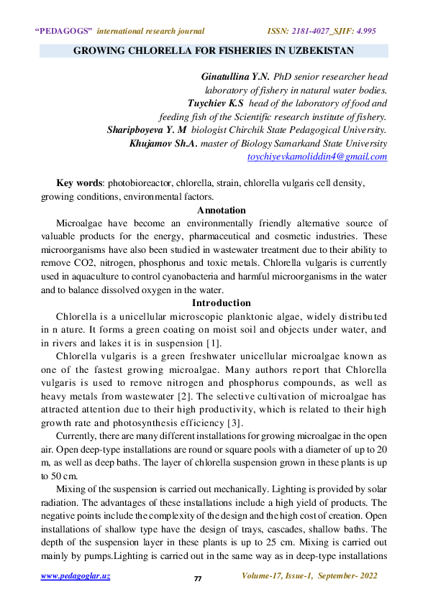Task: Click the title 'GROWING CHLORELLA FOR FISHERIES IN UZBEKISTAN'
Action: (214, 52)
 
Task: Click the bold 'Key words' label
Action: (80, 183)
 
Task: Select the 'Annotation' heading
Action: (221, 211)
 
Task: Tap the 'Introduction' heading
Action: (221, 303)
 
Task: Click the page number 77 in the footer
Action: (198, 578)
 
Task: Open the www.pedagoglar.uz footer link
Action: (75, 576)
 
